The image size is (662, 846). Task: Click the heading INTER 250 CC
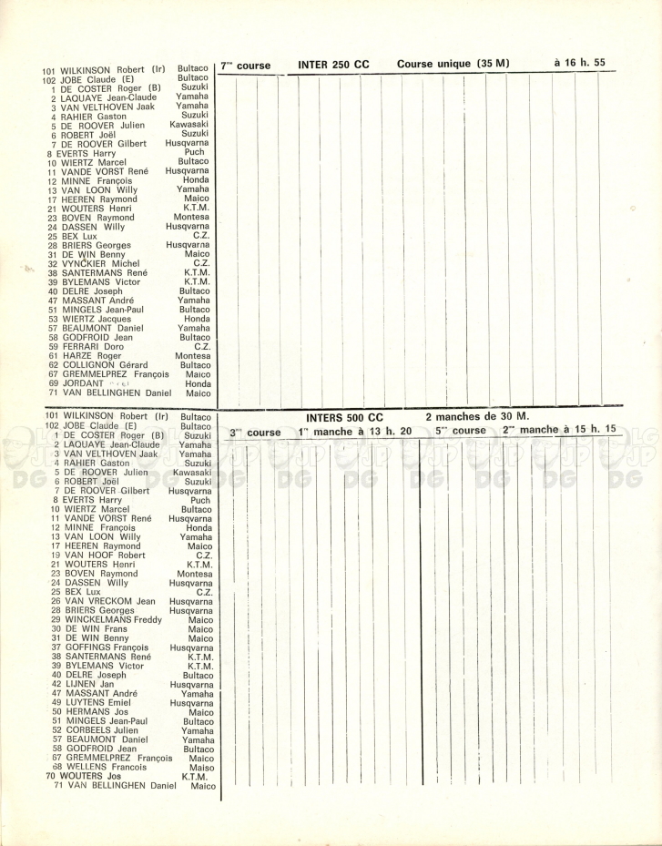[x=333, y=66]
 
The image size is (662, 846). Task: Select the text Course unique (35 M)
[x=453, y=65]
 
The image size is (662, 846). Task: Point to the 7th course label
[x=246, y=66]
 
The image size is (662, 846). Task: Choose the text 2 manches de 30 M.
[x=477, y=416]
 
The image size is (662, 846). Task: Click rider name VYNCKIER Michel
[x=100, y=264]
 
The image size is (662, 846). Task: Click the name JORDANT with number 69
[x=86, y=384]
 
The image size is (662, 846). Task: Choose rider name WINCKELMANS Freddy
[x=113, y=620]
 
